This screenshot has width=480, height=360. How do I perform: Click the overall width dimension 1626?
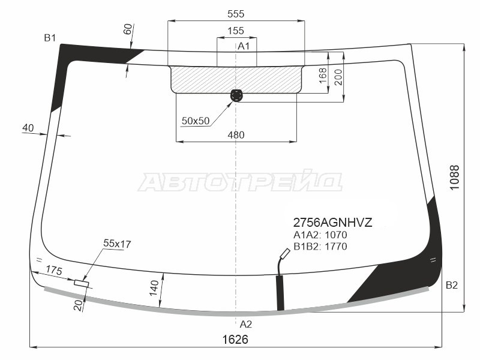[235, 340]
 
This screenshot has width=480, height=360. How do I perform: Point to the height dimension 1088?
[455, 177]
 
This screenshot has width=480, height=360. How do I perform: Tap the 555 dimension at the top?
[236, 14]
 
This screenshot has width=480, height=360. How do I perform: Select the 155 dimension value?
[236, 31]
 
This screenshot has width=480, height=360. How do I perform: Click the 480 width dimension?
[236, 134]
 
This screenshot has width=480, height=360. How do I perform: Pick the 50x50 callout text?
[196, 121]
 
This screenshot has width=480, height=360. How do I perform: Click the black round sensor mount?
[236, 95]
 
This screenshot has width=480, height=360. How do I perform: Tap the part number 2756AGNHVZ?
[332, 223]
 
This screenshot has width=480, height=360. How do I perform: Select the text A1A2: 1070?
[320, 235]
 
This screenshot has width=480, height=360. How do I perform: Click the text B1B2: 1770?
[320, 246]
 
